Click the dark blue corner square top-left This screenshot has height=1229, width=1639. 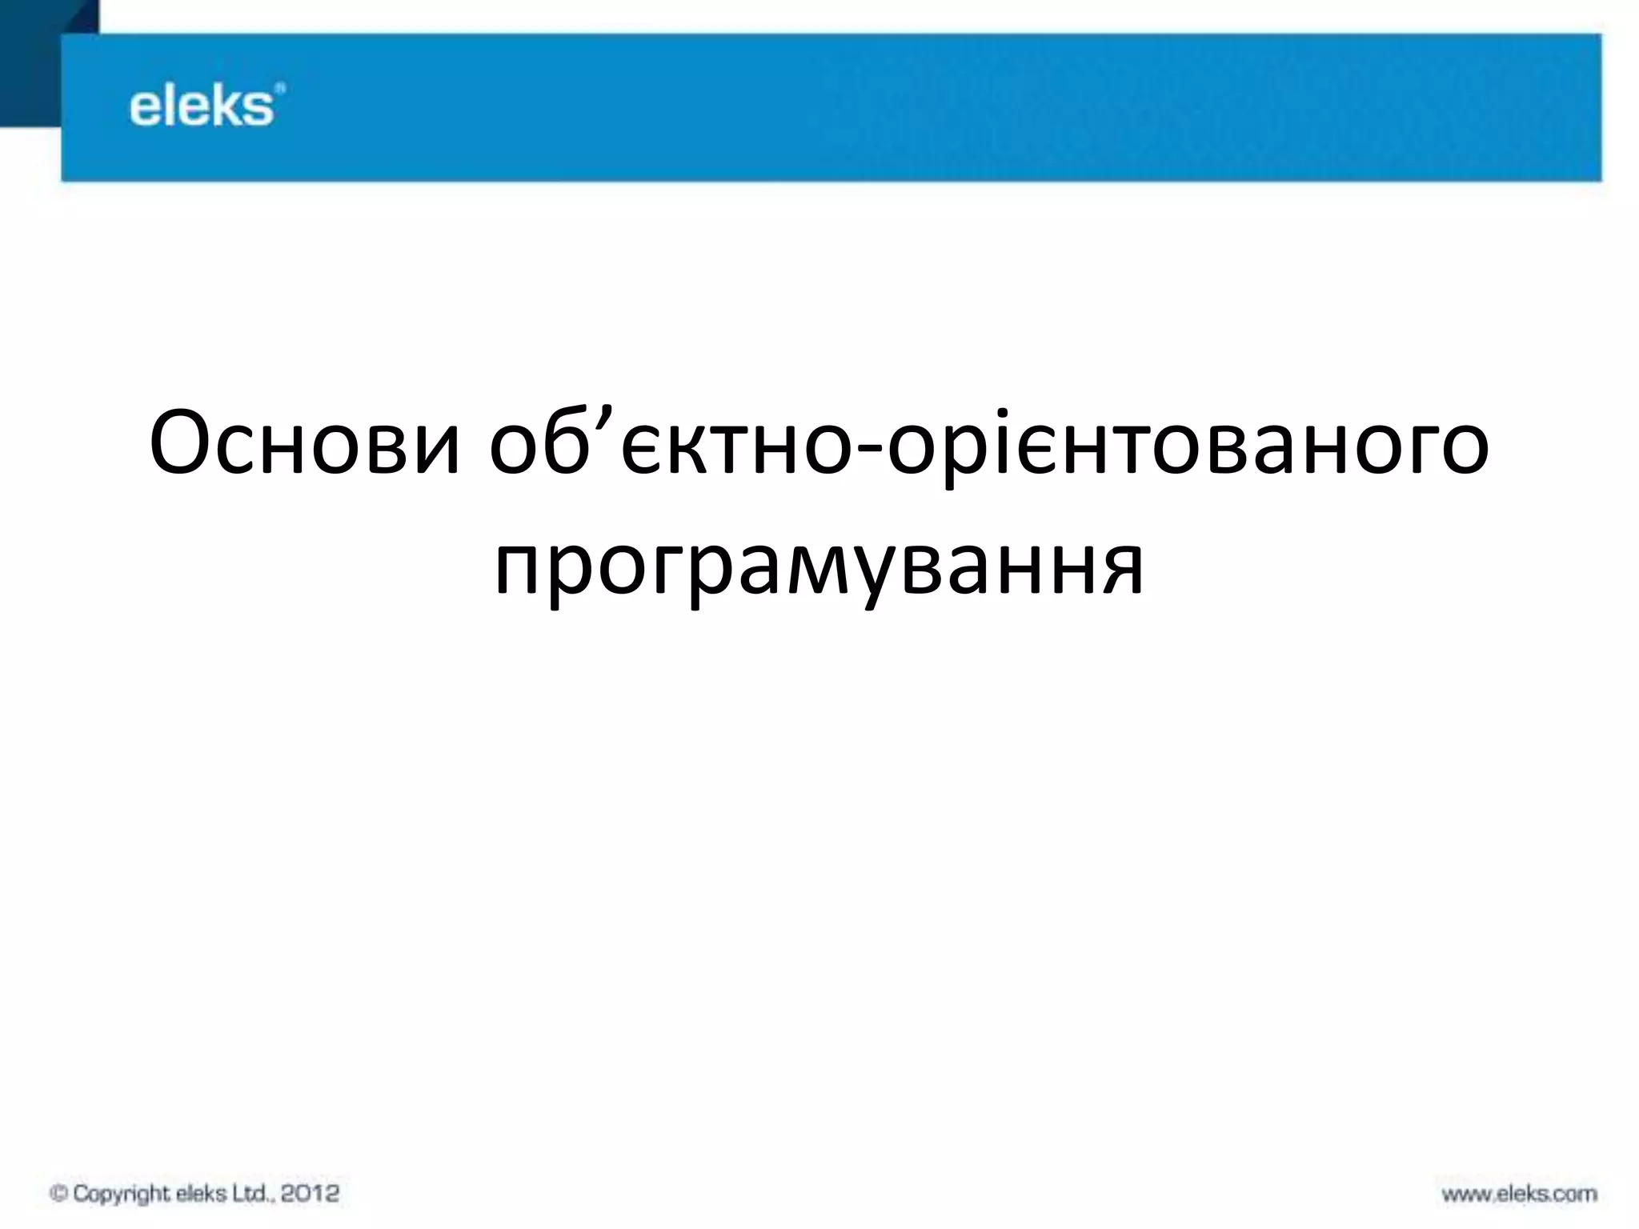pyautogui.click(x=32, y=48)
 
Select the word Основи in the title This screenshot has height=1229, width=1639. pyautogui.click(x=304, y=444)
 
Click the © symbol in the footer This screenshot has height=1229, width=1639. pyautogui.click(x=58, y=1194)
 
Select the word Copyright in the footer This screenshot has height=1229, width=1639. pyautogui.click(x=122, y=1194)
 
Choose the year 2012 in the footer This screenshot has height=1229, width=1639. pyautogui.click(x=311, y=1193)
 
